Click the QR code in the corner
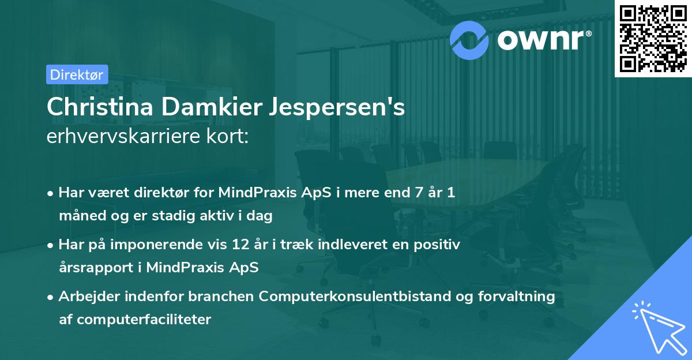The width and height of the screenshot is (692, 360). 652,38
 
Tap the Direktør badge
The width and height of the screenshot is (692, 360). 77,74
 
